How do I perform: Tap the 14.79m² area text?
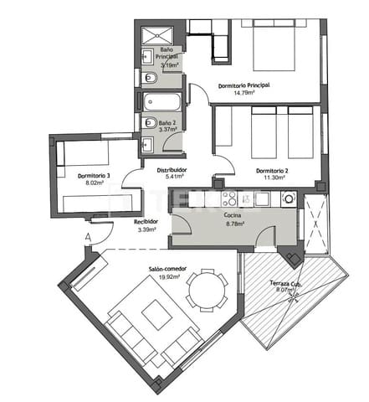(243, 95)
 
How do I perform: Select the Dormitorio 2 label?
(272, 171)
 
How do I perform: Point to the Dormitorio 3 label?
(94, 176)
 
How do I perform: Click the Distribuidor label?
(171, 169)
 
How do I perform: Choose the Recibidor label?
(146, 221)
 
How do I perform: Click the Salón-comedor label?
(167, 269)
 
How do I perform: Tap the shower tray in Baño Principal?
(156, 34)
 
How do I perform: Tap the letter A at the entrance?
(87, 237)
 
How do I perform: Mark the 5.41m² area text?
(174, 178)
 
